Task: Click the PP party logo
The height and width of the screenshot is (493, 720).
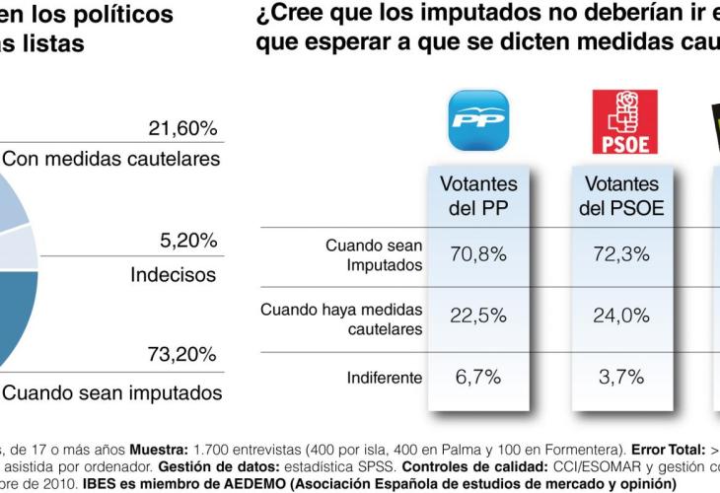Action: point(478,121)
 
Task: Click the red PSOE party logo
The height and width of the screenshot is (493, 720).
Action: point(623,121)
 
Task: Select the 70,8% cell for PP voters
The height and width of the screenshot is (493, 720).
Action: point(478,255)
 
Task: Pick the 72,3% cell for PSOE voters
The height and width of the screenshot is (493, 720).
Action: point(623,255)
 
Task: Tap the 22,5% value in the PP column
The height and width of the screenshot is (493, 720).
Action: point(478,317)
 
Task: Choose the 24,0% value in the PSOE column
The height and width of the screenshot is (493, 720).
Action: point(623,317)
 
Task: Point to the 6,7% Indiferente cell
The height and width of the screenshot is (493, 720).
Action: point(478,378)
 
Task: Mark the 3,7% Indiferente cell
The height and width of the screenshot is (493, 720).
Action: point(623,378)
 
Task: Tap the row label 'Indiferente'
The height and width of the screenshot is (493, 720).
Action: point(385,378)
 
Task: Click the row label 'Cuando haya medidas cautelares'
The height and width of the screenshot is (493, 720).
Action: point(341,317)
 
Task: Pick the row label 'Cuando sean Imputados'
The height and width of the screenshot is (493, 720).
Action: point(374,255)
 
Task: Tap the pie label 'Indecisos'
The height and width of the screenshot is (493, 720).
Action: point(174,274)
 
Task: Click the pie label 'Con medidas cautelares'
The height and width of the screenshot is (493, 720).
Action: point(110,159)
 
